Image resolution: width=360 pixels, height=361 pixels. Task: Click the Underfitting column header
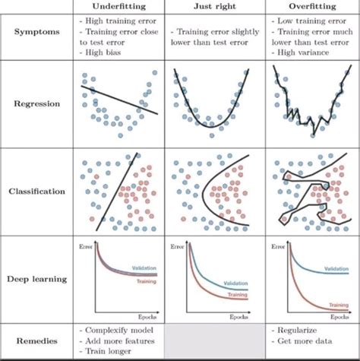(120, 7)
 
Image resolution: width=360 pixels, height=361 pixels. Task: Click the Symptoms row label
(37, 33)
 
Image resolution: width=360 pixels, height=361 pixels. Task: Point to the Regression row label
(37, 104)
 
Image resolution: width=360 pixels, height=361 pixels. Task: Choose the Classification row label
(37, 192)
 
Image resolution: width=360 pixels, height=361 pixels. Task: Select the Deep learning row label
(37, 279)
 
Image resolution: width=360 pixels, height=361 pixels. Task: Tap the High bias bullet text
(104, 54)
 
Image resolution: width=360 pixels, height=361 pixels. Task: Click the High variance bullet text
(302, 54)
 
